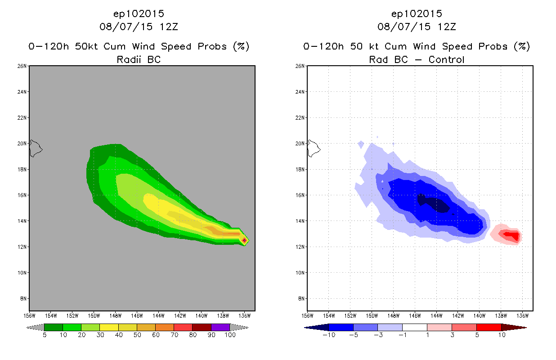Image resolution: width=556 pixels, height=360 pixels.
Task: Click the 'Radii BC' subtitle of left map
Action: (x=139, y=59)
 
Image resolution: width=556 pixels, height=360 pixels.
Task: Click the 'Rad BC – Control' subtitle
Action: (x=417, y=59)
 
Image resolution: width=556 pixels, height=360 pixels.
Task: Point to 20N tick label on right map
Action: (x=300, y=144)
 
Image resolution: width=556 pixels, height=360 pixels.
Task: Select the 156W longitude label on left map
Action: (x=29, y=315)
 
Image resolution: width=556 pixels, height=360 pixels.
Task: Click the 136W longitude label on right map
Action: (x=522, y=315)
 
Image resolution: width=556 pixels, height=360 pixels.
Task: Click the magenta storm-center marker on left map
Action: (x=244, y=240)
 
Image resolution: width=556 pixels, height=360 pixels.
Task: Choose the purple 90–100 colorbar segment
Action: (x=220, y=327)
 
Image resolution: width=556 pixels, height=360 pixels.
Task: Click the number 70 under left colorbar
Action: (x=174, y=335)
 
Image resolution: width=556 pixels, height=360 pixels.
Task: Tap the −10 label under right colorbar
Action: (x=328, y=335)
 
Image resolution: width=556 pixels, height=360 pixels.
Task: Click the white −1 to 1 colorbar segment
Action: (x=414, y=327)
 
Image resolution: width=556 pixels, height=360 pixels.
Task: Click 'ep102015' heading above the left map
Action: (x=139, y=13)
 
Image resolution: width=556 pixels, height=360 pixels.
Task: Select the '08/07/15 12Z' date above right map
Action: (x=417, y=27)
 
